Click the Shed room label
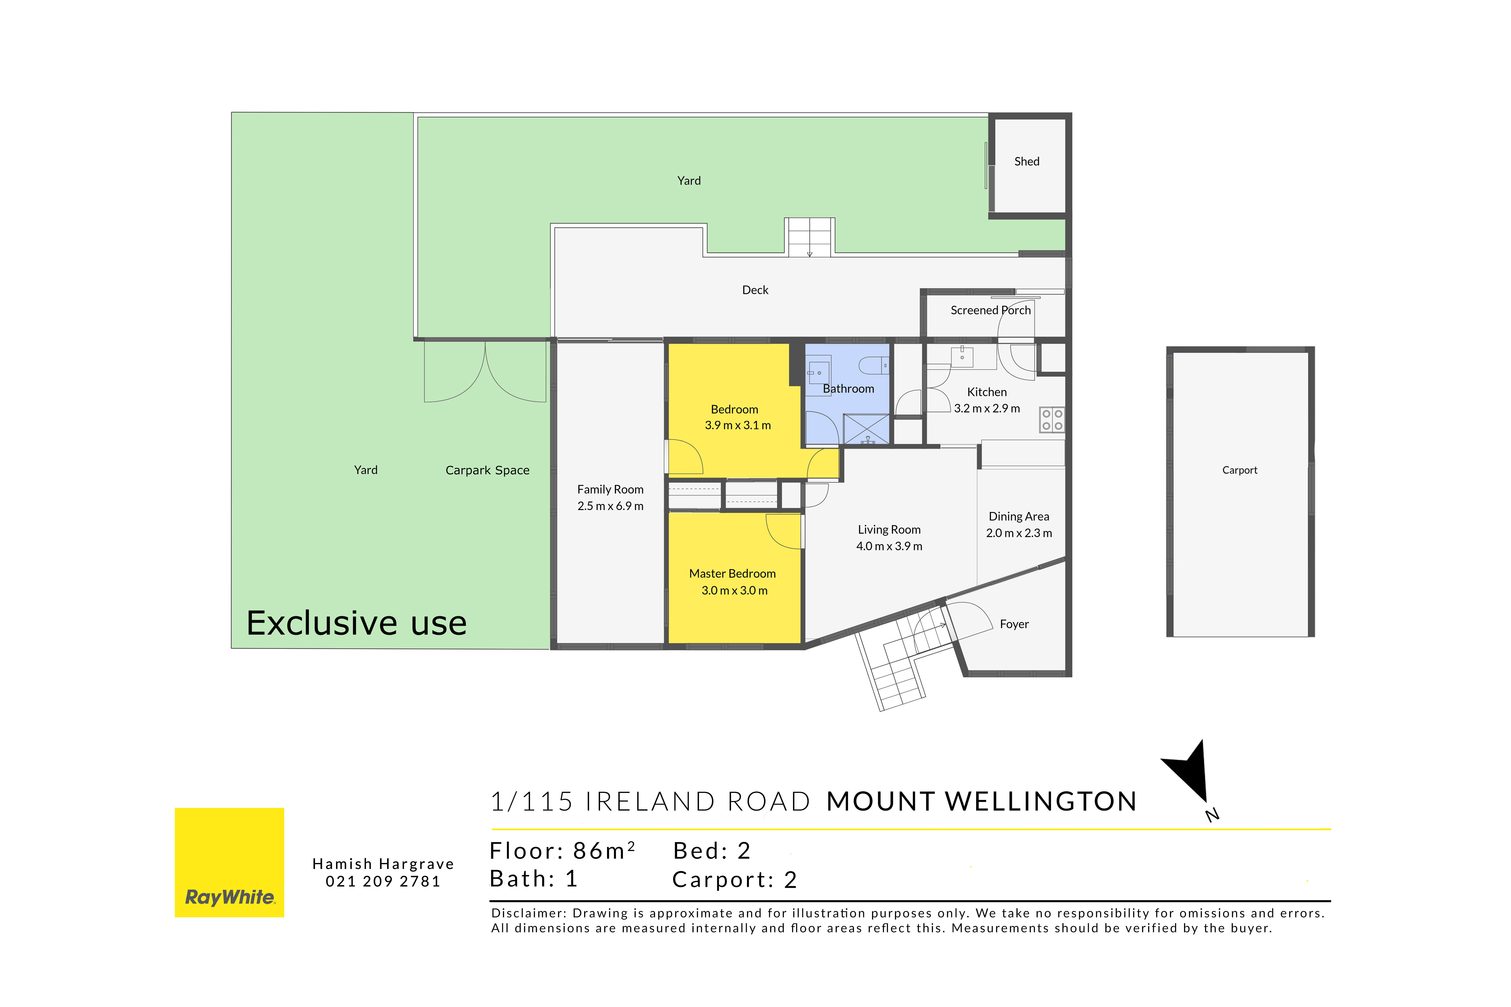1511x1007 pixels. click(1027, 161)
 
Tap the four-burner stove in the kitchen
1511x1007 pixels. click(1052, 420)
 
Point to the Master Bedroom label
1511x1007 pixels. click(732, 573)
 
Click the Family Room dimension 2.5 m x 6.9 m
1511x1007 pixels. click(610, 506)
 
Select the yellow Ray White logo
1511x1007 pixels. click(229, 862)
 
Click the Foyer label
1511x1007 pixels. click(1014, 624)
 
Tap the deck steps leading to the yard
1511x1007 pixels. click(809, 238)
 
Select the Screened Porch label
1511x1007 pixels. click(991, 310)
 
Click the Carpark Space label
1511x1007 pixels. click(488, 470)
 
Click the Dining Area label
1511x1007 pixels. click(1019, 516)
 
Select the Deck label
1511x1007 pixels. click(755, 290)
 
